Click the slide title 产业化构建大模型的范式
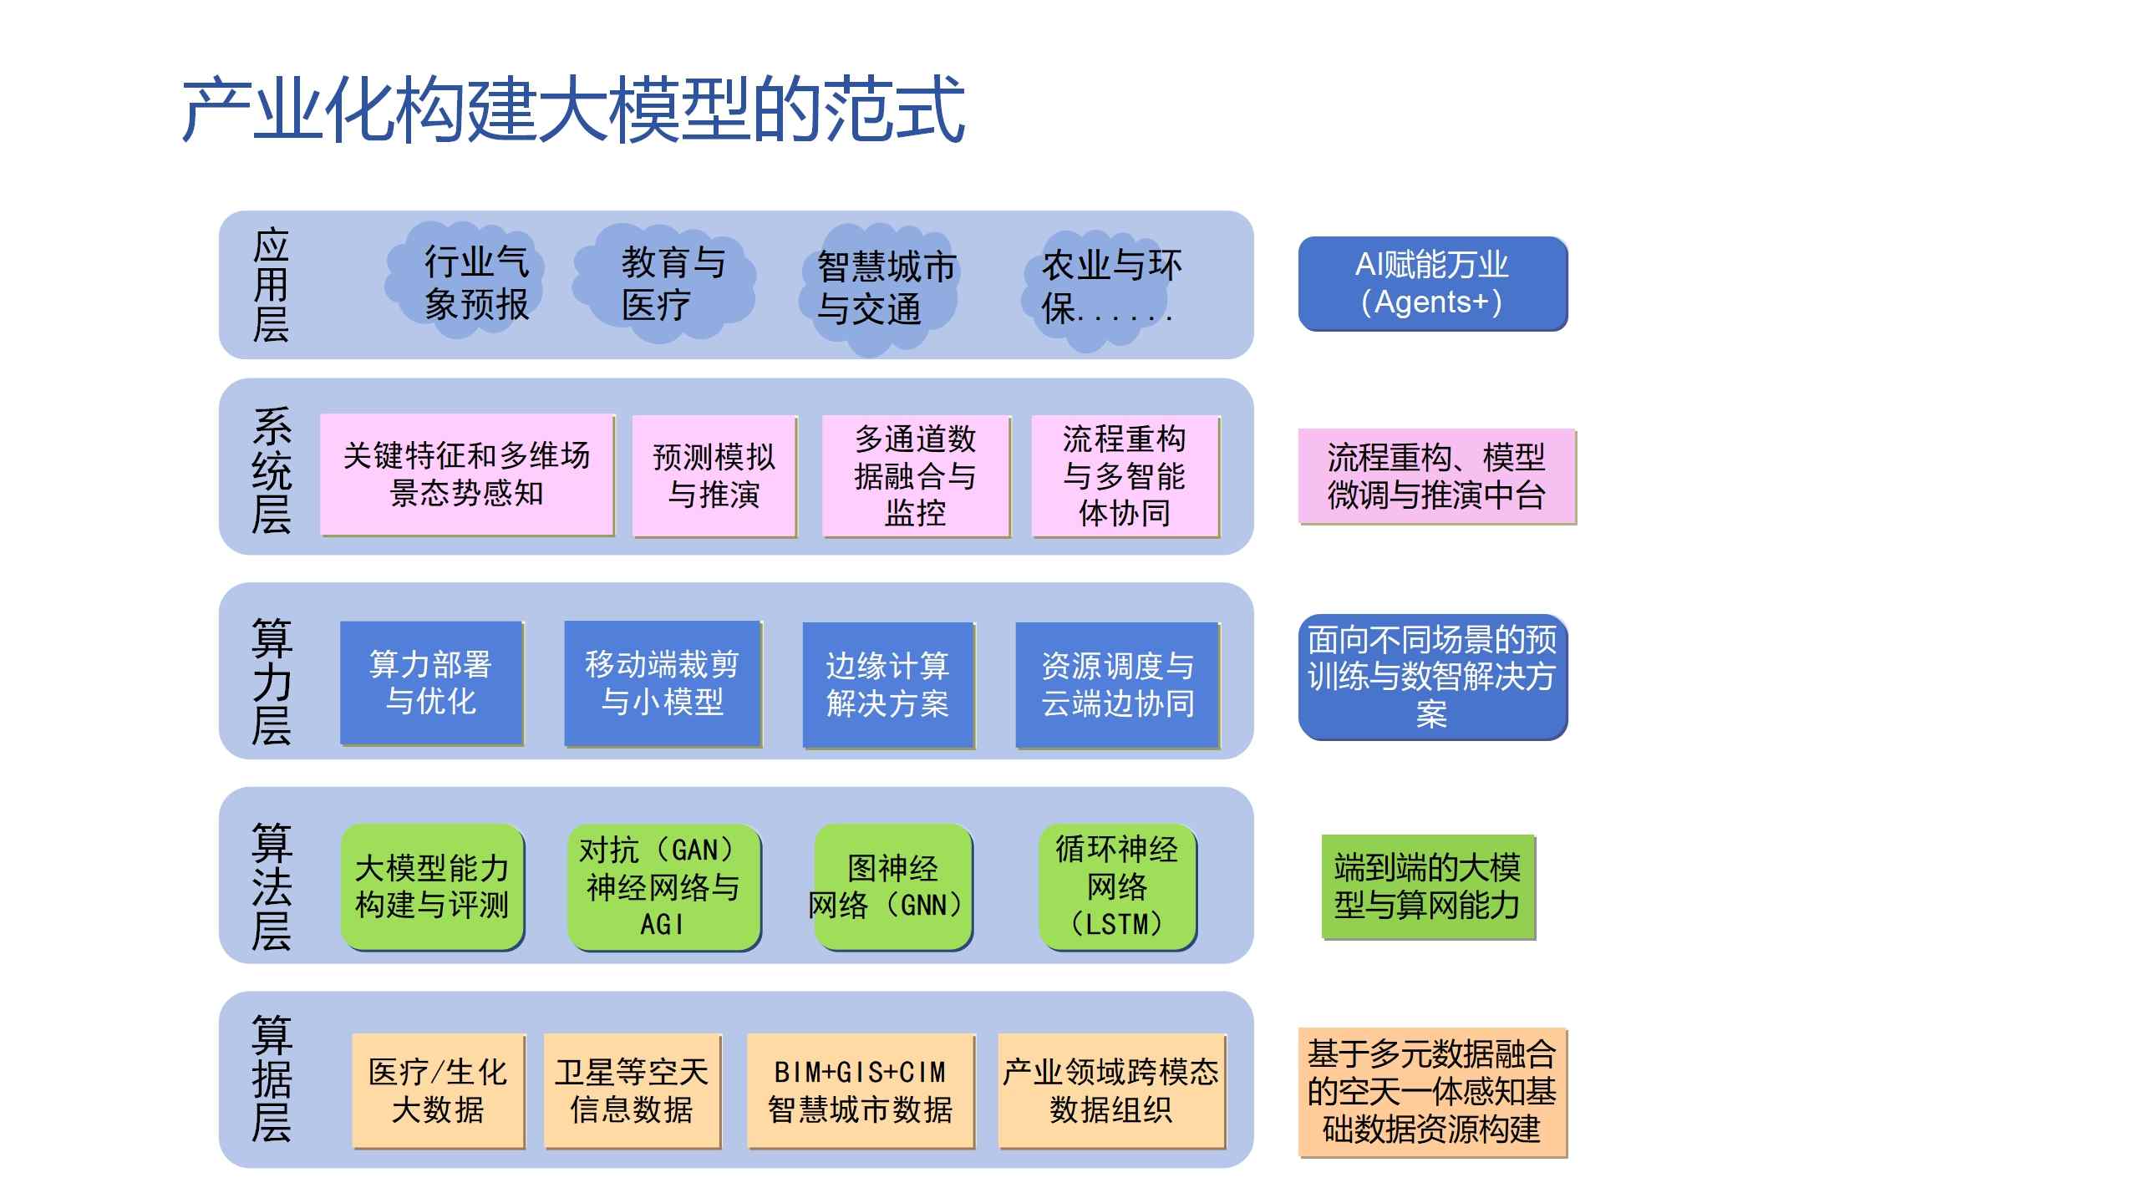(x=574, y=109)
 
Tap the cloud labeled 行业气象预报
(x=465, y=281)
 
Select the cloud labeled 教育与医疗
(x=664, y=282)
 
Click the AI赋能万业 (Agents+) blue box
(x=1432, y=284)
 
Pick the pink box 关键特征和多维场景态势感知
(x=467, y=475)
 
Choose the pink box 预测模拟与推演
(x=714, y=476)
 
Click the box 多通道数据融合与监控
(x=916, y=476)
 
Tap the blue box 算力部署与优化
(x=431, y=683)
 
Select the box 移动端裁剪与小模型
(x=663, y=683)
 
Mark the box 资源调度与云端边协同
(x=1118, y=685)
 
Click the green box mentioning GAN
(x=663, y=887)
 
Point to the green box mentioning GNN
(x=893, y=887)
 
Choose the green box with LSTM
(x=1118, y=887)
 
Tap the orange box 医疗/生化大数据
(x=438, y=1091)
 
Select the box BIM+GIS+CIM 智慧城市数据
(x=861, y=1091)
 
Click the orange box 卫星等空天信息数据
(x=632, y=1091)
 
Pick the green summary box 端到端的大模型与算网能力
(x=1428, y=886)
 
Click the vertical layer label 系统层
(x=272, y=471)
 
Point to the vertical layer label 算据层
(x=272, y=1079)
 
